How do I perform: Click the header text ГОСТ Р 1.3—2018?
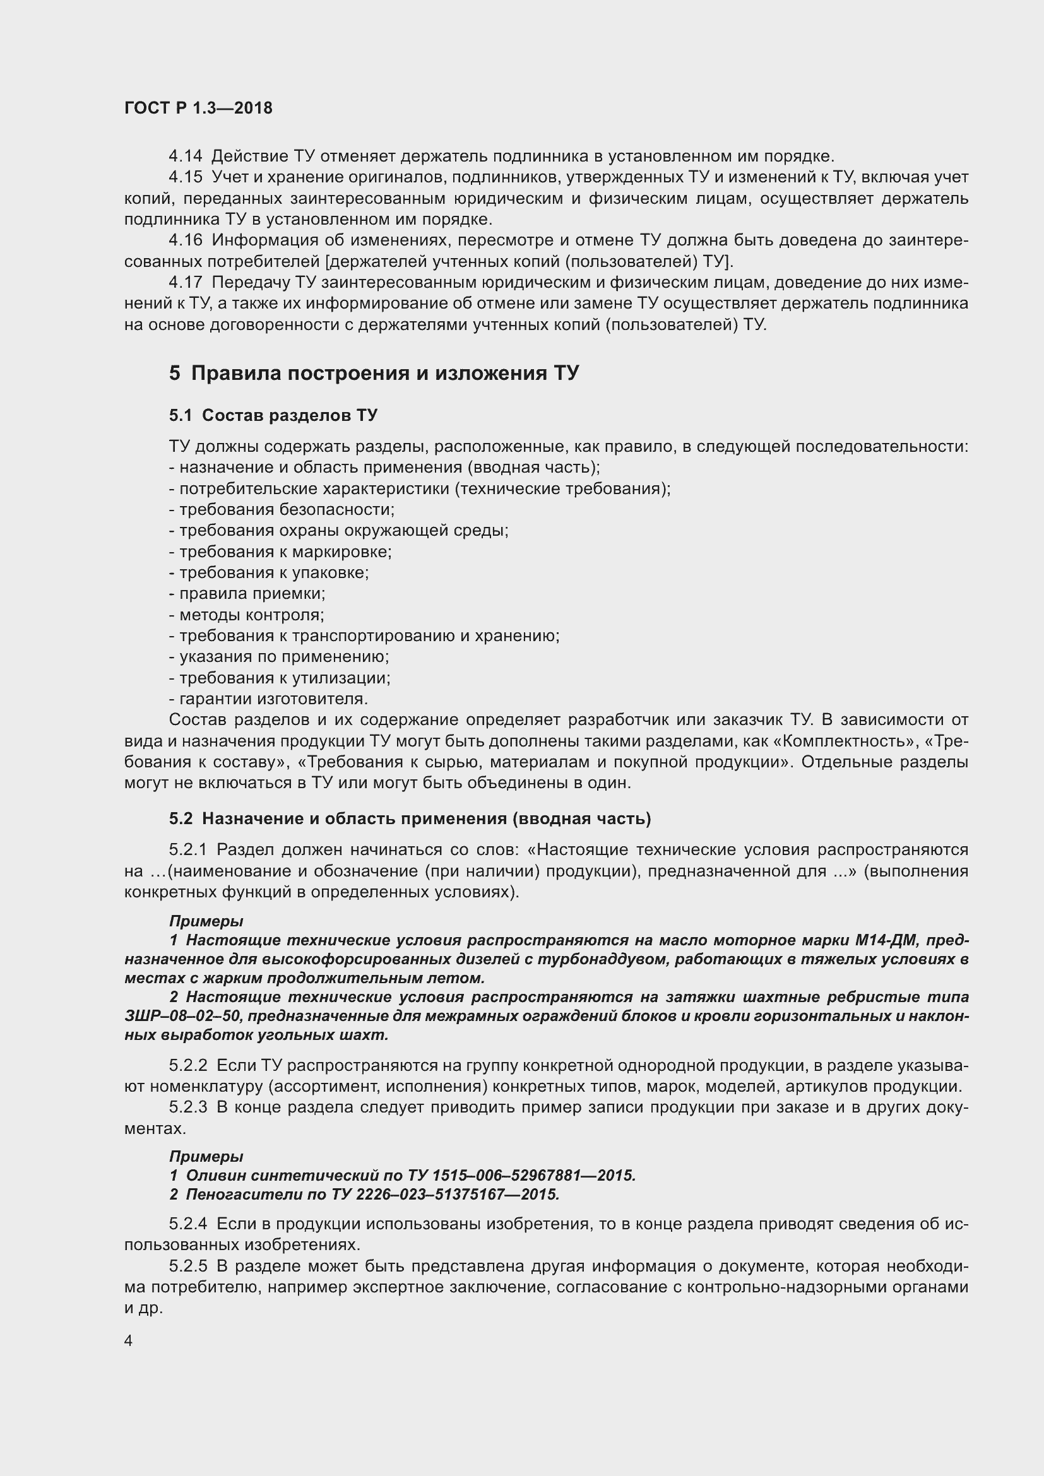tap(198, 108)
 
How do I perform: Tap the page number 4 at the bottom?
tap(129, 1340)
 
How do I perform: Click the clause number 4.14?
tap(185, 156)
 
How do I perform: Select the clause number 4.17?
tap(185, 282)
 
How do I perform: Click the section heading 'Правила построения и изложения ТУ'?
tap(384, 373)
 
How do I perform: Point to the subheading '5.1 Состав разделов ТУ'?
tap(273, 415)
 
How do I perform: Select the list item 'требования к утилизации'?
tap(284, 678)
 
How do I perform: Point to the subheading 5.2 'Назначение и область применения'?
tap(410, 818)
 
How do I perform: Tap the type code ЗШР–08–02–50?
tap(182, 1017)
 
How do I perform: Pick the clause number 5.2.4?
tap(188, 1224)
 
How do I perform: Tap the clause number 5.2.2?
tap(188, 1066)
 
